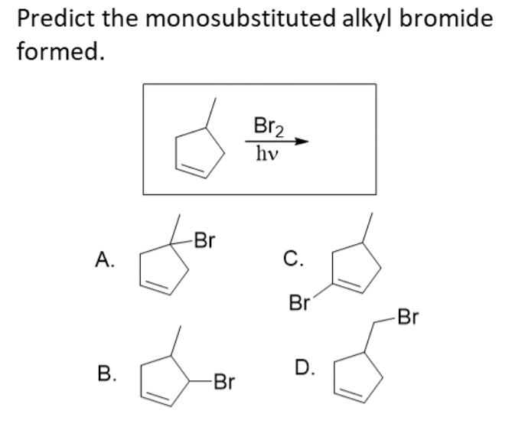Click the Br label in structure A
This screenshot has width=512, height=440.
202,243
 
